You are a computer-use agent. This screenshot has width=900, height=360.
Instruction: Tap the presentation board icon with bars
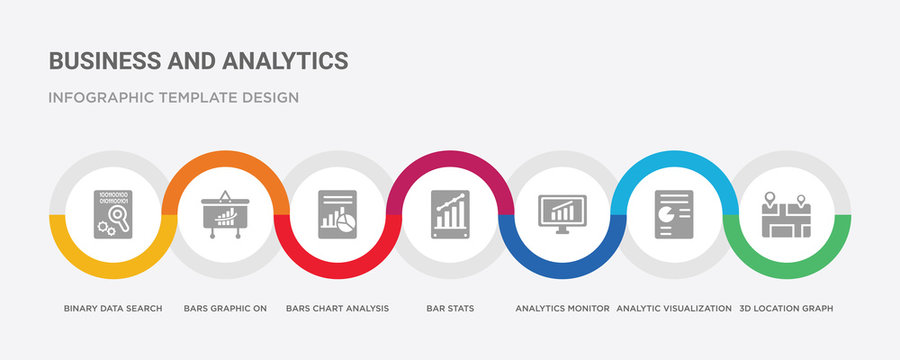(223, 214)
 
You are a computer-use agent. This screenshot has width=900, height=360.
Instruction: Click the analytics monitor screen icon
(562, 212)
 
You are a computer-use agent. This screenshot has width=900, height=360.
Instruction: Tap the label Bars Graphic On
(225, 308)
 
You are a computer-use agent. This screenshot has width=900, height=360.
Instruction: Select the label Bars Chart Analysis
(337, 308)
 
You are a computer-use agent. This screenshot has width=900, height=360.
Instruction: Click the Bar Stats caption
(450, 308)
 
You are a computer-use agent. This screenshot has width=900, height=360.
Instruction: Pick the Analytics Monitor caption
(562, 308)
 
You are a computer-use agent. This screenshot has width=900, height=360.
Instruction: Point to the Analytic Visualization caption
(675, 308)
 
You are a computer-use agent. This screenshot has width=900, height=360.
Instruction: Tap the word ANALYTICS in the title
(285, 60)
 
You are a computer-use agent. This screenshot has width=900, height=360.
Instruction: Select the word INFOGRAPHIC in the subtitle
(97, 98)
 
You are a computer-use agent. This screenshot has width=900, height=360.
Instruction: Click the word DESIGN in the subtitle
(269, 98)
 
